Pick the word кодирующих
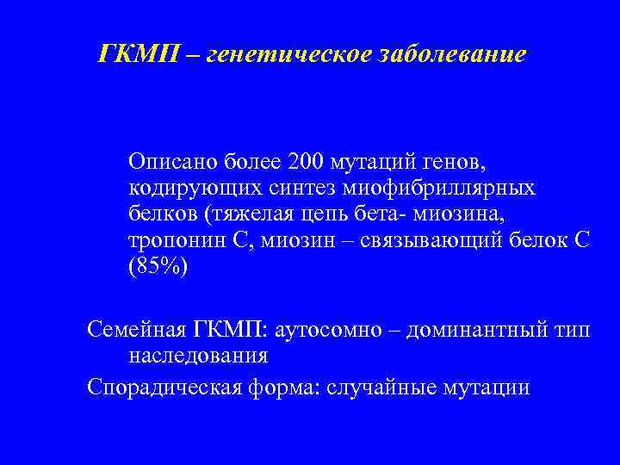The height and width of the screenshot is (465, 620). pyautogui.click(x=184, y=187)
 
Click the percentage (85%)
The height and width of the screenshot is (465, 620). pyautogui.click(x=156, y=267)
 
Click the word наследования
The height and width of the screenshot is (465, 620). pyautogui.click(x=197, y=355)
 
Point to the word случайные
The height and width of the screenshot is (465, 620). pyautogui.click(x=386, y=387)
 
